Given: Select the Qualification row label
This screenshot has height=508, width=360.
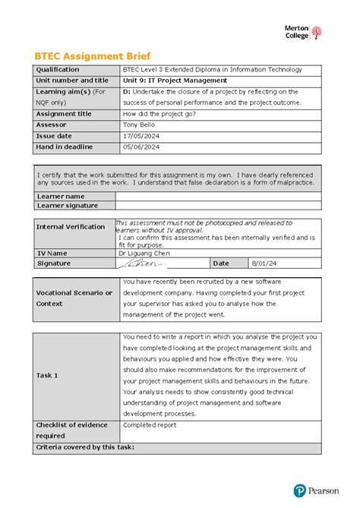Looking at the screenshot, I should [58, 70].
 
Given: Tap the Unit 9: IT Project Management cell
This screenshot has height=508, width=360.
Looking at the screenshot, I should [175, 80].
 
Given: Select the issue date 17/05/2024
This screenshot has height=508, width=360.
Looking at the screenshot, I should [141, 135].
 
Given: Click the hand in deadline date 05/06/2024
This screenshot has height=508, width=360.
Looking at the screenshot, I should [141, 147].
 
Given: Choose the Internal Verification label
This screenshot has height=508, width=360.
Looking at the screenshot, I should [71, 226].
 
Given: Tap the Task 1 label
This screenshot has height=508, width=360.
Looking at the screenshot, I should [47, 375].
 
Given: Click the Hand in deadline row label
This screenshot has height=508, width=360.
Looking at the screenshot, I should [65, 147].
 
